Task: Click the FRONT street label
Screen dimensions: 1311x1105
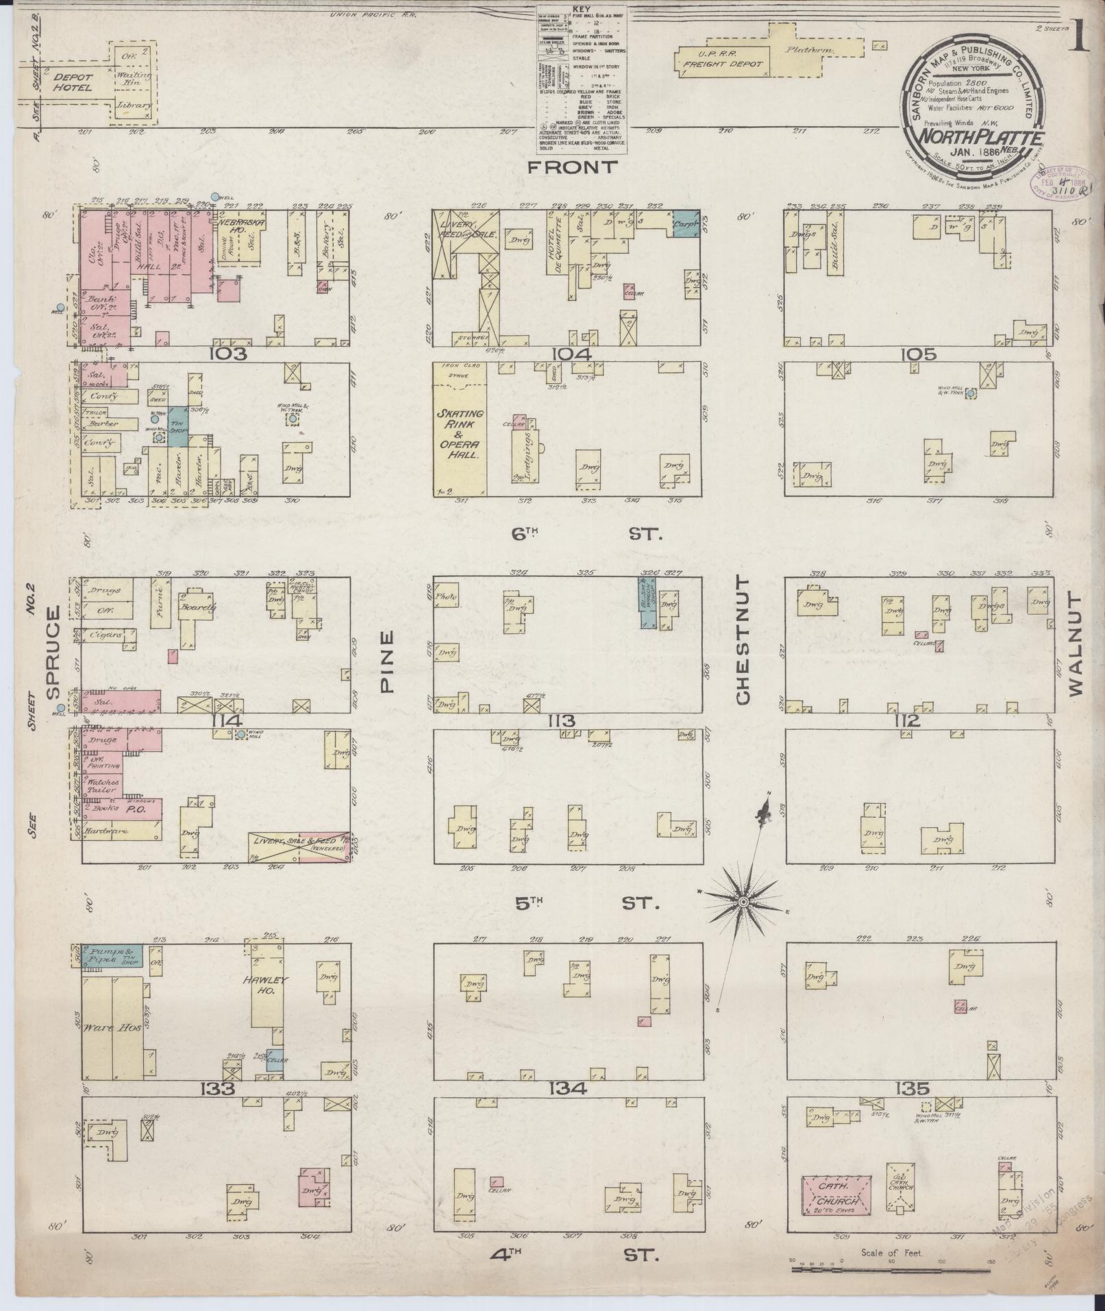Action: tap(573, 167)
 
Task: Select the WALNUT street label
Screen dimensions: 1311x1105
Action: tap(1073, 645)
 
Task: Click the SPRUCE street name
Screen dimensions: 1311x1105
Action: tap(55, 652)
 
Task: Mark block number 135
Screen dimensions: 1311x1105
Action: tap(915, 1088)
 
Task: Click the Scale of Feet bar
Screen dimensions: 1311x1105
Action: tap(891, 1269)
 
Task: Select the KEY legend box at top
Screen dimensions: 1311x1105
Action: tap(583, 78)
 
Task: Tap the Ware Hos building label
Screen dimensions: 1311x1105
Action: tap(103, 1029)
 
